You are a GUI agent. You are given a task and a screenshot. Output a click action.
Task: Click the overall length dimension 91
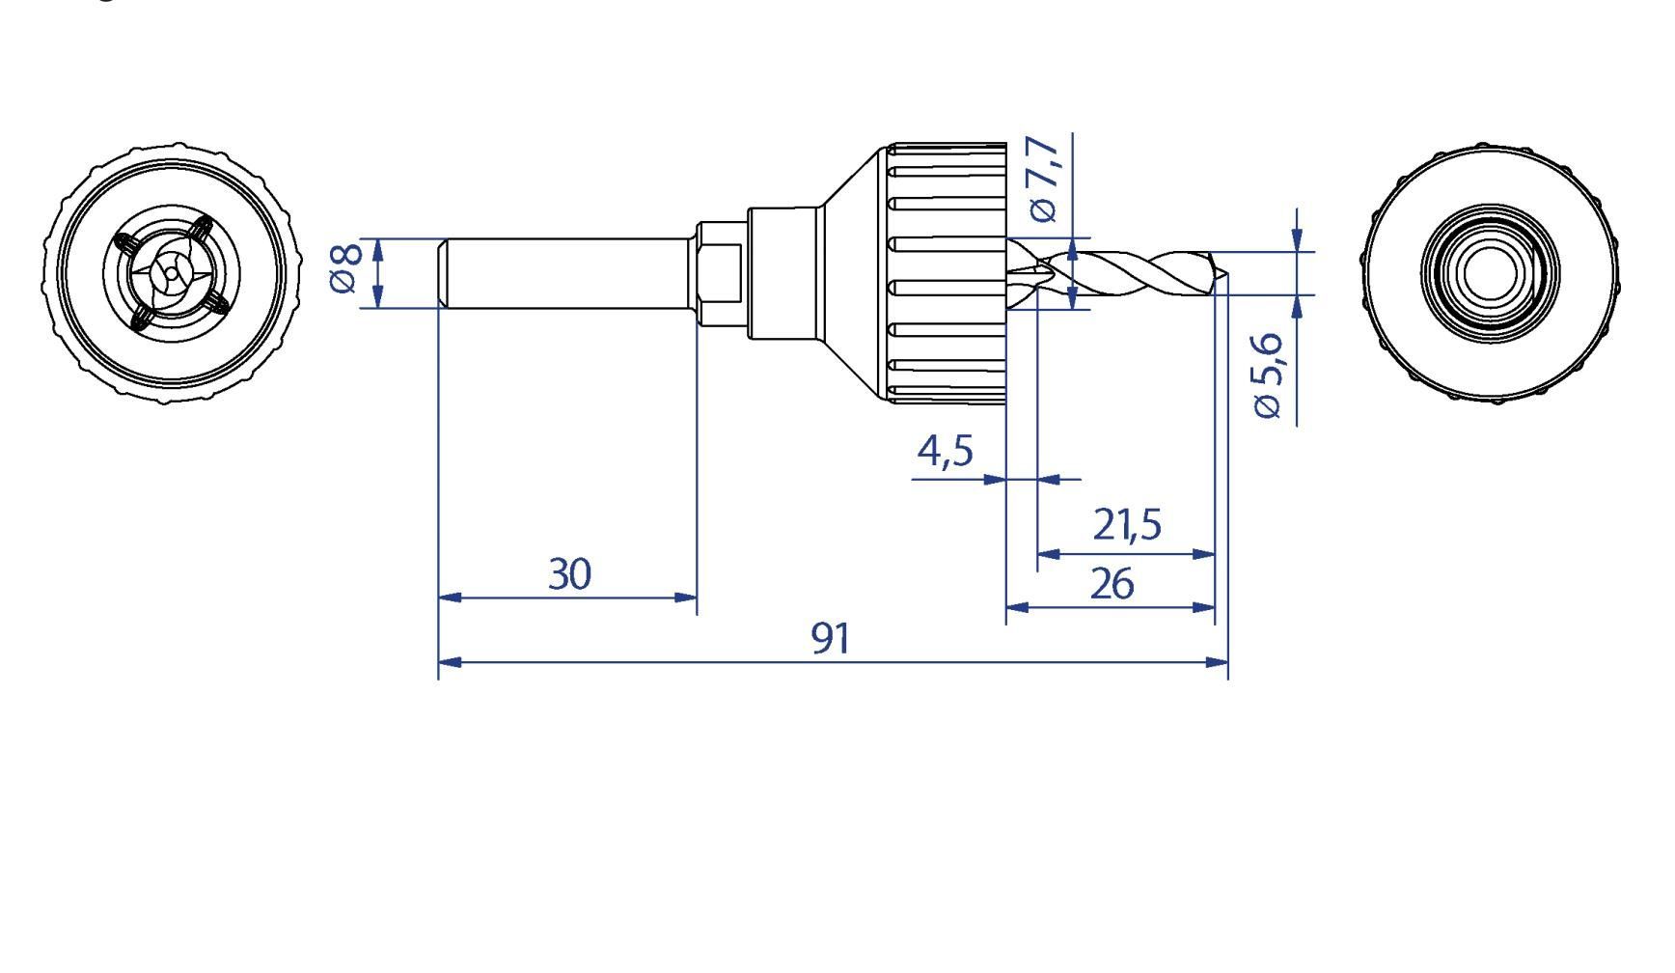[831, 638]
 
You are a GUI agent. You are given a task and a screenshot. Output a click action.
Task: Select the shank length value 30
[569, 573]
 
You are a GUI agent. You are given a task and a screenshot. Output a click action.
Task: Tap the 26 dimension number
[1112, 584]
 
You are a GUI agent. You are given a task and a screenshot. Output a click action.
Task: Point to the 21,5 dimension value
[1127, 524]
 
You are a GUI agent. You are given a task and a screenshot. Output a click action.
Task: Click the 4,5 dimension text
[946, 450]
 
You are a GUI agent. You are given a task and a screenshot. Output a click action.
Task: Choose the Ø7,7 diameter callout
[1044, 179]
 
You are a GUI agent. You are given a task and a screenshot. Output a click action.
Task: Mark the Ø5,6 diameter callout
[1268, 375]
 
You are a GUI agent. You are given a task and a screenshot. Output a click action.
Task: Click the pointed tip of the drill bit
[1228, 274]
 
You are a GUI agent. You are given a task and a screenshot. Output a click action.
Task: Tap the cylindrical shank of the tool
[567, 274]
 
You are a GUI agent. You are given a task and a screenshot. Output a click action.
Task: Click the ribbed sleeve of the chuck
[947, 273]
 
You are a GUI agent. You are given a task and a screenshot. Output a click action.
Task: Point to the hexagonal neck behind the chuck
[721, 274]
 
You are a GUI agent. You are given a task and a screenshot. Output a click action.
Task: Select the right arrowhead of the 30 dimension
[685, 598]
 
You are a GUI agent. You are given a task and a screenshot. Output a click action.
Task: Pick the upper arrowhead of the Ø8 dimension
[377, 251]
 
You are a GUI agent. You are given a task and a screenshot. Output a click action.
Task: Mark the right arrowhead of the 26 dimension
[1202, 608]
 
